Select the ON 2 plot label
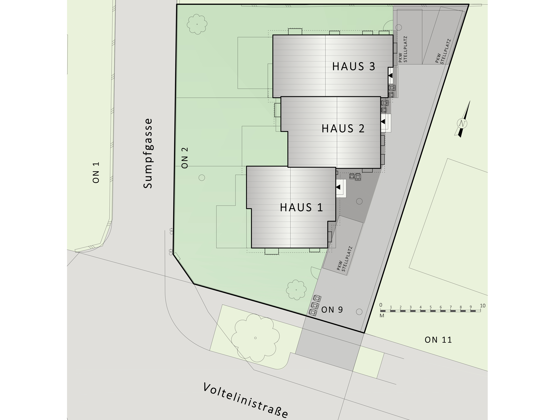pos(185,158)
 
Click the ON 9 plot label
pos(332,310)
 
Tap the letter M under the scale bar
pos(382,316)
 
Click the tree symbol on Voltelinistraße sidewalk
pos(256,338)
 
